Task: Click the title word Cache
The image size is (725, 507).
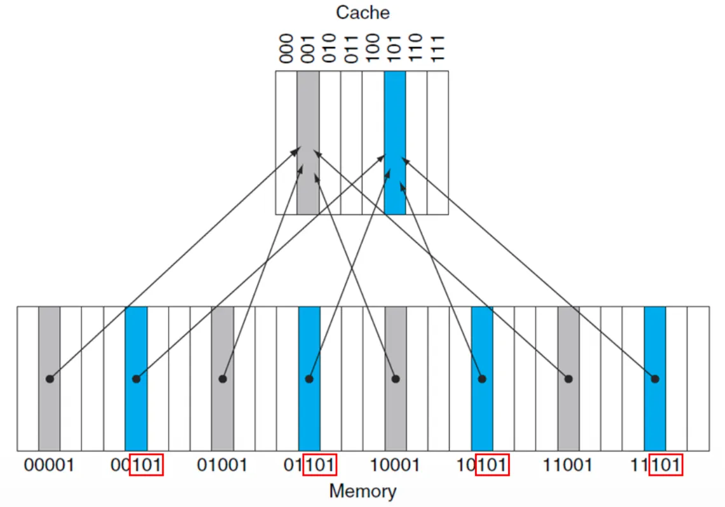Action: pos(362,12)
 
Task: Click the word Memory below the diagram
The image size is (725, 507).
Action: pos(362,490)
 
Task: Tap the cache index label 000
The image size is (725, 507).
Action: pos(286,49)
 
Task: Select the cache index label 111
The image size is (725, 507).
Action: pos(438,49)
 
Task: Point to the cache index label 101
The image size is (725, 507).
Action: pos(394,49)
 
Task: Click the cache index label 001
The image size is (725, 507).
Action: pos(308,49)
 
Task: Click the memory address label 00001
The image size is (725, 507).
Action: pos(49,466)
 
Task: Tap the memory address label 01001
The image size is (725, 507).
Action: pos(222,466)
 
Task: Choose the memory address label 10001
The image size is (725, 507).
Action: pos(395,466)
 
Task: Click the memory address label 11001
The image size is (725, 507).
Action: pos(568,466)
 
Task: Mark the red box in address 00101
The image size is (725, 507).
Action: pos(146,466)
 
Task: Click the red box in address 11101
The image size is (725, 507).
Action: pos(665,466)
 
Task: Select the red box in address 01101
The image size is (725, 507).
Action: pos(319,466)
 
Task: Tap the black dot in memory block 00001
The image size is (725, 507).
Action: pos(50,379)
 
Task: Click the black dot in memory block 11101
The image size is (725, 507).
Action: pos(655,379)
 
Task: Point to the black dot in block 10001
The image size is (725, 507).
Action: pos(396,379)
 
